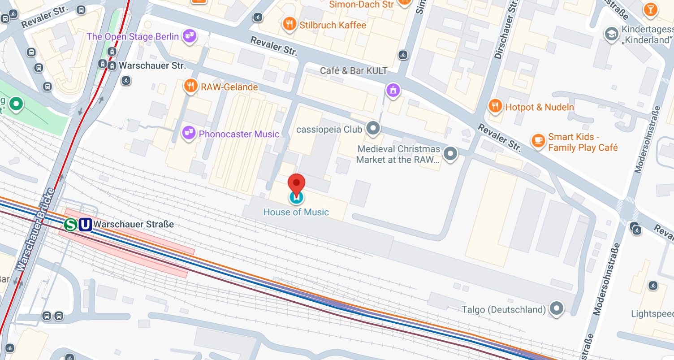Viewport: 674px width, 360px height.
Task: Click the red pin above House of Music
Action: coord(296,184)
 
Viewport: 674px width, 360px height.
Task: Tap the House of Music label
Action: coord(296,212)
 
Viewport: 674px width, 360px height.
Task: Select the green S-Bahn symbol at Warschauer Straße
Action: coord(70,224)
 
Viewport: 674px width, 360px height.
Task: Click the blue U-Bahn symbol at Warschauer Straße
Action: coord(85,224)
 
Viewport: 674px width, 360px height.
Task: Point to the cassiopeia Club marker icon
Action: coord(373,129)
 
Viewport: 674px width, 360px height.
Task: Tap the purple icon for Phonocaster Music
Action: coord(189,133)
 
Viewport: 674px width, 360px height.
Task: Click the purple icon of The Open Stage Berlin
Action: coord(190,36)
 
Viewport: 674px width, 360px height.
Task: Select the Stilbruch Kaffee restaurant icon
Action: coord(289,24)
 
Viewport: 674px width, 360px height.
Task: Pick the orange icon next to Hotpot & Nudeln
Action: coord(495,106)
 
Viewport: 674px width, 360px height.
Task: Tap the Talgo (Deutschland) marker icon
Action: coord(557,308)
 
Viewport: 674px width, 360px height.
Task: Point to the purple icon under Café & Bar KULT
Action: coord(393,90)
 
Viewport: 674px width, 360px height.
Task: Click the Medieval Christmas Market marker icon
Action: coord(451,154)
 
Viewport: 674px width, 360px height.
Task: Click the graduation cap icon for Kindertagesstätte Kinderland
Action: coord(611,34)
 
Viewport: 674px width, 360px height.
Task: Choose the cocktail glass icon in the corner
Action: coord(650,9)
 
